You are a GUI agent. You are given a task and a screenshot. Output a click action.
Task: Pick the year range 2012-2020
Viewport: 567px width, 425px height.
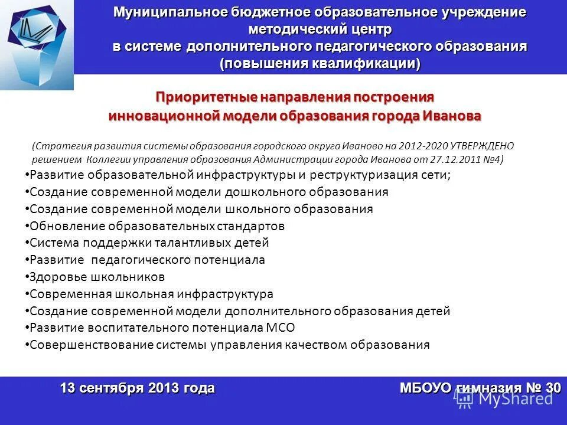tap(423, 146)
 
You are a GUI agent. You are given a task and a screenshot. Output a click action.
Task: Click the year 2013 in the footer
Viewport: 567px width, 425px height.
tap(164, 388)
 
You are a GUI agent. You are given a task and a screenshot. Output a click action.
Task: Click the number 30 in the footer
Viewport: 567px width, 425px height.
tap(553, 388)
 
